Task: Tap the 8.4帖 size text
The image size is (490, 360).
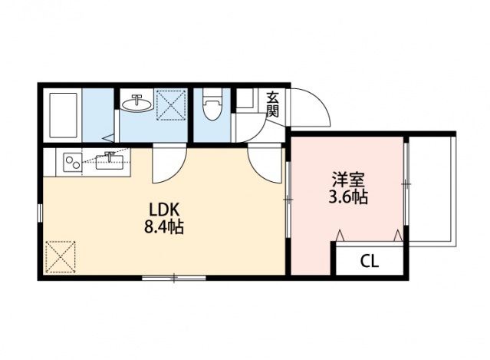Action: tap(164, 228)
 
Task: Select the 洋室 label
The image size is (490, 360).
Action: tap(347, 181)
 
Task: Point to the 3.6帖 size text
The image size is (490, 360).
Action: tap(347, 197)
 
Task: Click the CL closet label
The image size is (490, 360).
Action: tap(370, 261)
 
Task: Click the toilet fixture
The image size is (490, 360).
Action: tap(213, 107)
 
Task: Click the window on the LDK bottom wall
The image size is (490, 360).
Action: tap(174, 276)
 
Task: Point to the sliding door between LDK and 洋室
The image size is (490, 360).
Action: tap(288, 200)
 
